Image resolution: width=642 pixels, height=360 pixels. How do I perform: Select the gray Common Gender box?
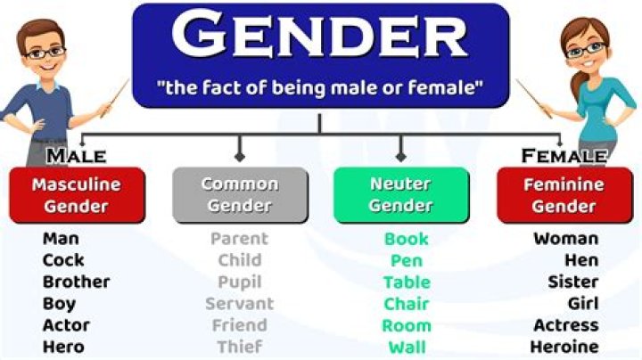click(239, 195)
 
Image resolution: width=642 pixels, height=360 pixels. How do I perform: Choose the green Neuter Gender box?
click(400, 195)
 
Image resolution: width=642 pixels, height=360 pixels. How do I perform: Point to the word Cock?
click(63, 260)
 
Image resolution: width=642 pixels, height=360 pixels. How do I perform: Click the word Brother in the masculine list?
click(76, 282)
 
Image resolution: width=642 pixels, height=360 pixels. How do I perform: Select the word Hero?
click(63, 347)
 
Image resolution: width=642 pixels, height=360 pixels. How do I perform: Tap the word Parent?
click(239, 239)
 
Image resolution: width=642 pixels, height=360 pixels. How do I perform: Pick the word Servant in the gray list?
click(239, 304)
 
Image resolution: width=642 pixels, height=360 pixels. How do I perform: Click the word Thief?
click(239, 347)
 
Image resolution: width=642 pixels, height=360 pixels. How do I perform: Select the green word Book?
click(407, 239)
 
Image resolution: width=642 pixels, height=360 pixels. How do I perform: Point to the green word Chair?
click(407, 304)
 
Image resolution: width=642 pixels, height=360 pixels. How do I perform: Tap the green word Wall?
click(407, 347)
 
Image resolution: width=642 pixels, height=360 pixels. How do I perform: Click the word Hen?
click(580, 260)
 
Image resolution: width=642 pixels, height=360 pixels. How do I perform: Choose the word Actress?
click(565, 325)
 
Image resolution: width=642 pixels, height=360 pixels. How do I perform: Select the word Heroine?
click(564, 347)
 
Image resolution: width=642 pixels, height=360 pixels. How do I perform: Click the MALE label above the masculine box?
click(76, 157)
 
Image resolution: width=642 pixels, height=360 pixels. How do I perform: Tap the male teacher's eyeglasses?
click(46, 53)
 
